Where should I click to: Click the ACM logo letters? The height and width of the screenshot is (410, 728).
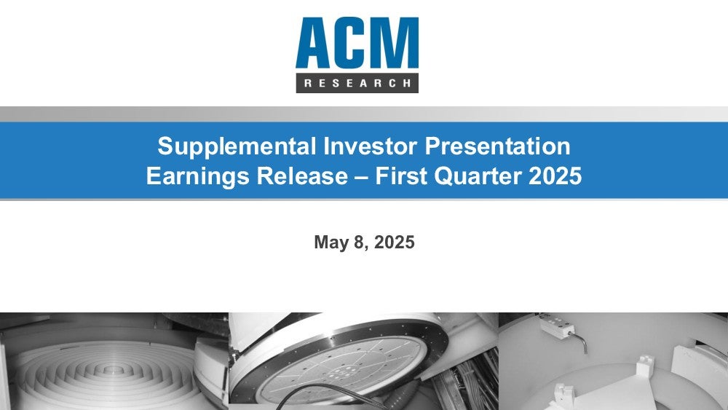357,43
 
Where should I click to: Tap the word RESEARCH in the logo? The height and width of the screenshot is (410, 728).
357,84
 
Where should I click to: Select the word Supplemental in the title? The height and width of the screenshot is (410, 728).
237,146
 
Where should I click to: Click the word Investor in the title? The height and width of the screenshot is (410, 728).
371,146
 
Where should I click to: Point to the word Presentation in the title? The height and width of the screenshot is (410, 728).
497,146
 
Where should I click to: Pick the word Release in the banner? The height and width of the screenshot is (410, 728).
302,176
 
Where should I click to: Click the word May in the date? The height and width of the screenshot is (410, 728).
331,243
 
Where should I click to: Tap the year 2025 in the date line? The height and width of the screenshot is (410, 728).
394,242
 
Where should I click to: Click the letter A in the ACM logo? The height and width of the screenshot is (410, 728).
315,43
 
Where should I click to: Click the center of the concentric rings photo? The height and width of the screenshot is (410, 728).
111,370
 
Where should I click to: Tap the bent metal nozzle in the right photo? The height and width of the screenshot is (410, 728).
579,341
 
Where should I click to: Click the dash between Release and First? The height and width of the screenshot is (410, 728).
362,177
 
